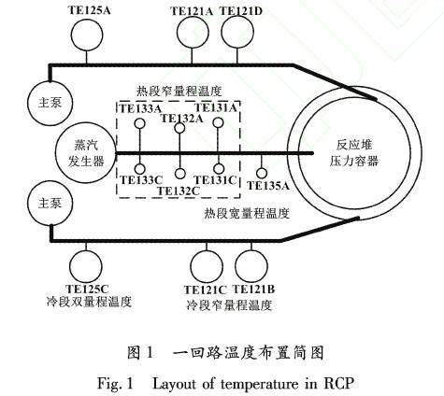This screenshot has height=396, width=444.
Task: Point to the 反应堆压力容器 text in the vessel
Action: point(354,153)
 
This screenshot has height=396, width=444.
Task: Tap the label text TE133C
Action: point(141,180)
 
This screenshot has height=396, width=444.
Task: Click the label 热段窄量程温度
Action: point(179,92)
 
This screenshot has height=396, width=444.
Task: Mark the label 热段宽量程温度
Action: point(247,214)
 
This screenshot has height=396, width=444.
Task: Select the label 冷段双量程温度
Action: point(89,302)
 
